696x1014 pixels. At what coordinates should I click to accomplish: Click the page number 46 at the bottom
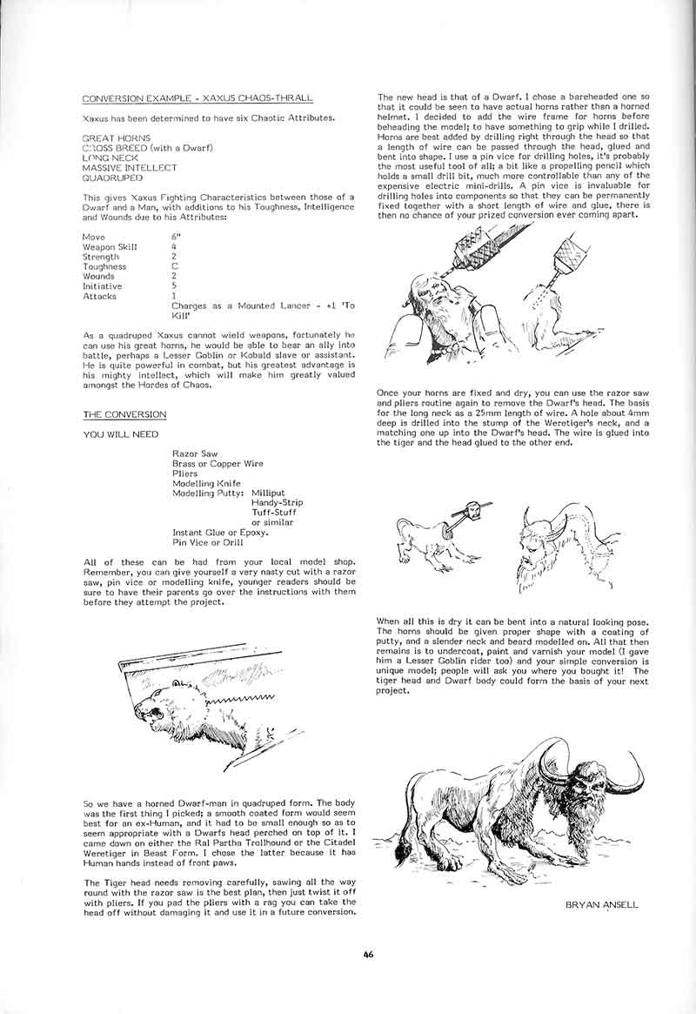point(369,954)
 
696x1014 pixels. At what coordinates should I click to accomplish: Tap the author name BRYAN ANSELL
point(601,904)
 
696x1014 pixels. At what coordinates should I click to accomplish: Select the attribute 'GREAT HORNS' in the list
point(116,138)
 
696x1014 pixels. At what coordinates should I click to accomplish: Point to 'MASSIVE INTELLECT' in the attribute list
point(129,167)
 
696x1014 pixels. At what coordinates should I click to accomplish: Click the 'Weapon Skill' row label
point(109,247)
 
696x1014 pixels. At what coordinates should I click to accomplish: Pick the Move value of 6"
point(176,238)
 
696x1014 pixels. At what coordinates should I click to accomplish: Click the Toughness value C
point(175,267)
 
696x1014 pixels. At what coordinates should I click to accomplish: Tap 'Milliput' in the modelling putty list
point(268,493)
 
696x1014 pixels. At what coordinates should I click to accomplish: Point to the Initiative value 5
point(175,286)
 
